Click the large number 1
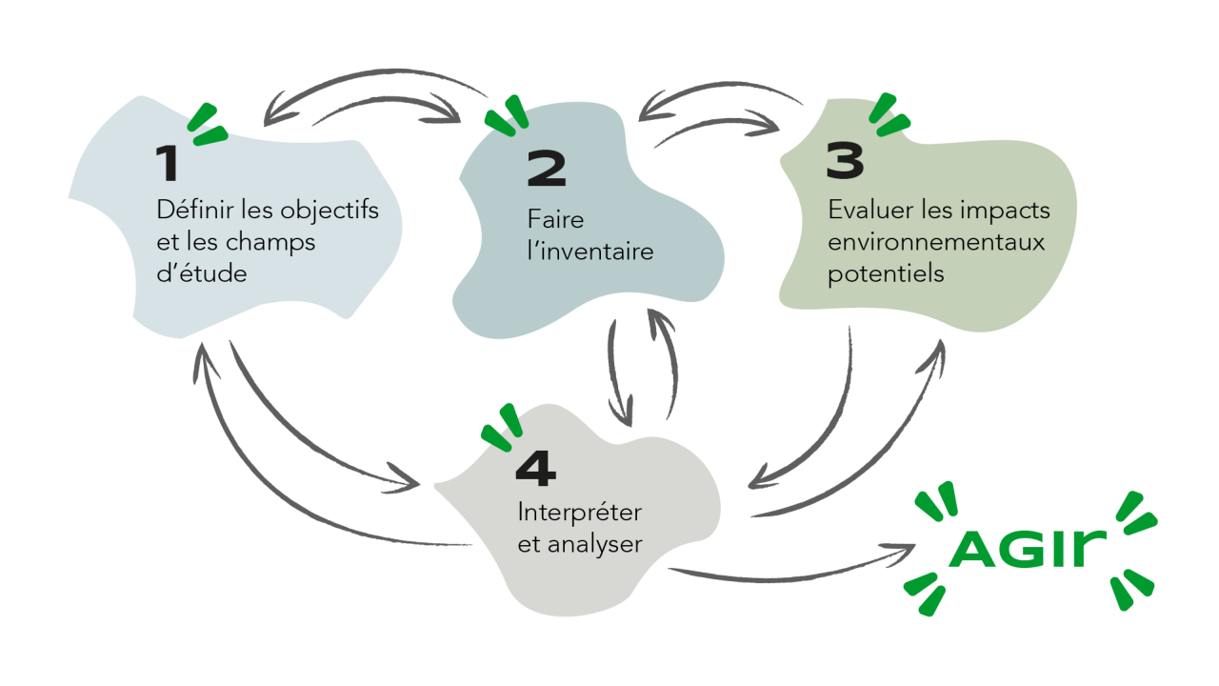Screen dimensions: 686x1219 tap(168, 164)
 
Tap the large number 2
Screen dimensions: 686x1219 tap(546, 170)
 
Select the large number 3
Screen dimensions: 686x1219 tap(846, 161)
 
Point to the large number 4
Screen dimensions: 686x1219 tap(535, 468)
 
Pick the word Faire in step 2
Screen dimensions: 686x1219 tap(555, 220)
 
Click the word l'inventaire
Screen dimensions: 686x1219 tap(590, 252)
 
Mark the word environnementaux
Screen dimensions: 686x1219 tap(936, 242)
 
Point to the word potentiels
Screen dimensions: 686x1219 tap(886, 274)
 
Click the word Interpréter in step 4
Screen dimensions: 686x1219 tap(579, 513)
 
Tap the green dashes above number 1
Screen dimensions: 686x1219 tap(208, 125)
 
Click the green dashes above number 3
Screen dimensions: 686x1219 tap(889, 113)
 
